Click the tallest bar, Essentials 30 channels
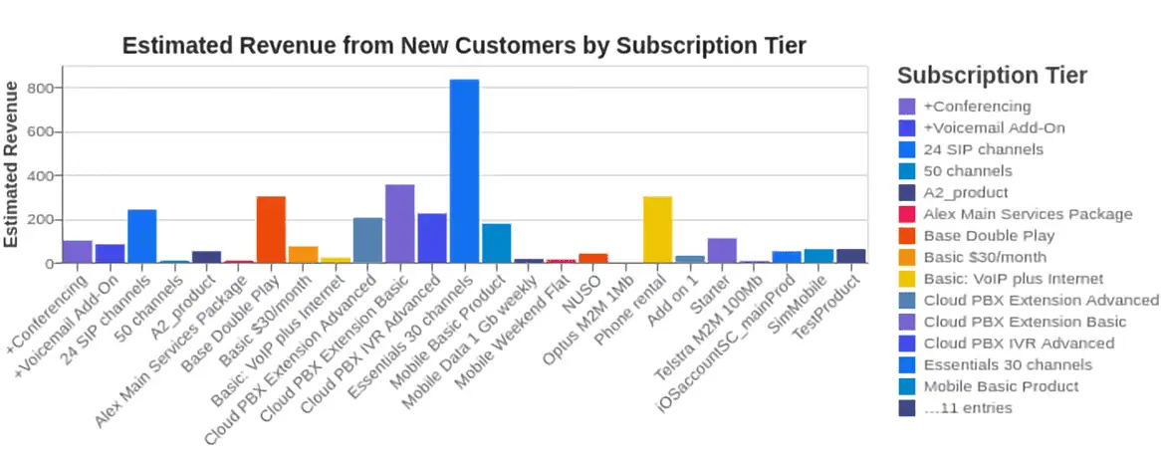click(464, 171)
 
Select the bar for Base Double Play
click(271, 230)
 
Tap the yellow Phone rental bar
click(657, 230)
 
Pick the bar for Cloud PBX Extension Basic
click(399, 224)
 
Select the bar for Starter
click(722, 251)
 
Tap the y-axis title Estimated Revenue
click(12, 164)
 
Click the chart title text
click(463, 46)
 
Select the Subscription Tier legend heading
click(992, 76)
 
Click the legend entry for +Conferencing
click(977, 107)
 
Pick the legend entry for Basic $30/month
click(986, 257)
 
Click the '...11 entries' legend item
click(967, 408)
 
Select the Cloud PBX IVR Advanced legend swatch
click(907, 344)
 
